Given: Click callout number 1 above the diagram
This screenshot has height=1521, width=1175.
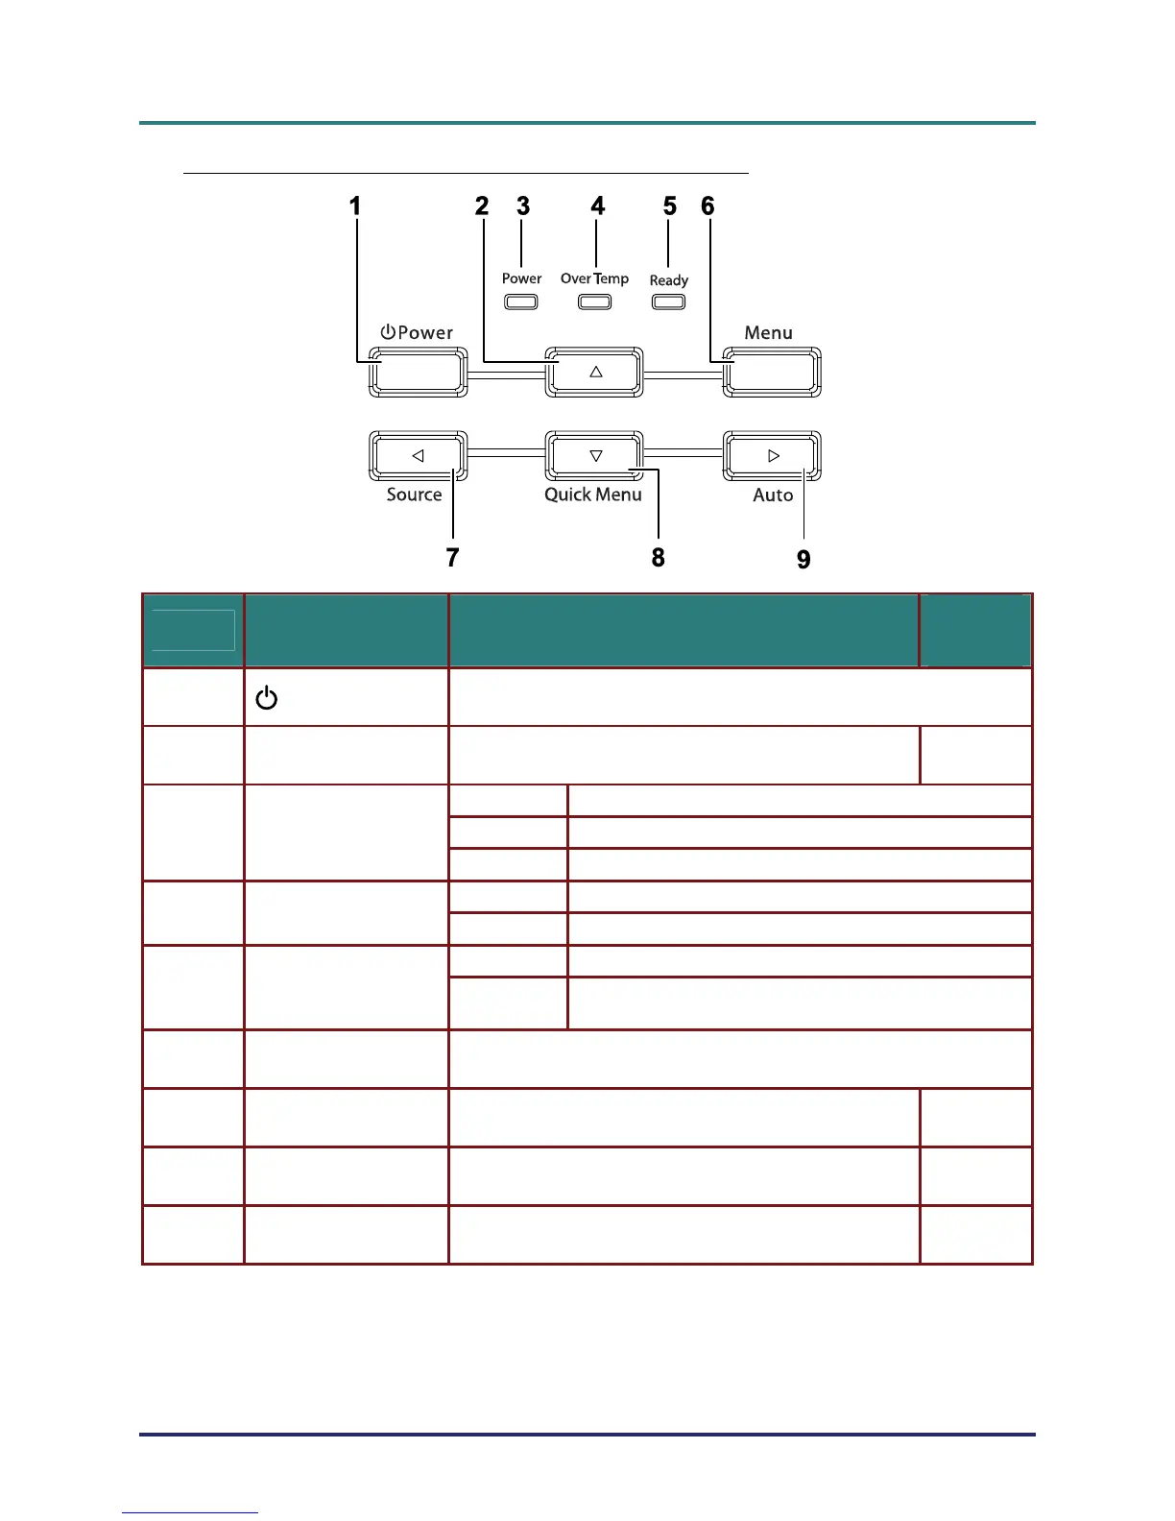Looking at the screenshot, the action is [x=355, y=206].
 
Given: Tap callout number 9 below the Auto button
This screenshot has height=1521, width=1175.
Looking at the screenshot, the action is [x=803, y=560].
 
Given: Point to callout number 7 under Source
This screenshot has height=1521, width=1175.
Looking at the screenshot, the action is [x=452, y=558].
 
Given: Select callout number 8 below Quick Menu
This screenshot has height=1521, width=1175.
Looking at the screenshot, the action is [x=658, y=558].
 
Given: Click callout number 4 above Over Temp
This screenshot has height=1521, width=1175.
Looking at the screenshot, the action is [x=597, y=206].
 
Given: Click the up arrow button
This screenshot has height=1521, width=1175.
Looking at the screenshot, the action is [x=594, y=372].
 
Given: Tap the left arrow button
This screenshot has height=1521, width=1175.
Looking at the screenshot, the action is [x=418, y=456].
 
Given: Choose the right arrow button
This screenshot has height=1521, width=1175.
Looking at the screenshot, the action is [x=773, y=456].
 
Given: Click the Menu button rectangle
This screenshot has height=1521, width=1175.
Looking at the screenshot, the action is [x=772, y=372].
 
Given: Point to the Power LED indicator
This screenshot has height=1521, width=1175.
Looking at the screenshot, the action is [x=521, y=302].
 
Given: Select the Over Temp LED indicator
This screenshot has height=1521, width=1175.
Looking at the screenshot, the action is [x=594, y=302].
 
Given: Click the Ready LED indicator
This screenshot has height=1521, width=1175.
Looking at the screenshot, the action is [x=669, y=302].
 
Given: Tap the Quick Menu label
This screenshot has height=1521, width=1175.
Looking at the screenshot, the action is [x=593, y=495].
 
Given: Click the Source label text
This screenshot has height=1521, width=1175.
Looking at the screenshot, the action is [x=414, y=495].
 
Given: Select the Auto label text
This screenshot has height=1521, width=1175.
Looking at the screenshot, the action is [x=773, y=495].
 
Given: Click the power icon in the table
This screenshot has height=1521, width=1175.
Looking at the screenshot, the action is [x=266, y=698].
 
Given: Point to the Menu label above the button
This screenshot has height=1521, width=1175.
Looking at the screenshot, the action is [x=768, y=333].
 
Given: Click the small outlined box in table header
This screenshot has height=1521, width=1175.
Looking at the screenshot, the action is [x=193, y=630].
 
